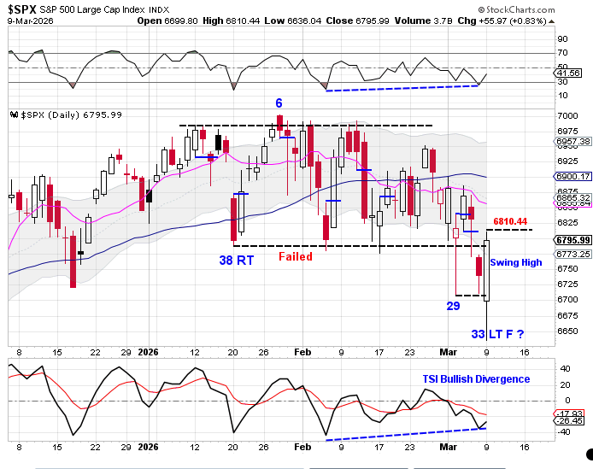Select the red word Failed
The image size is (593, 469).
coord(295,256)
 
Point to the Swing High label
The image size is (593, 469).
coord(515,262)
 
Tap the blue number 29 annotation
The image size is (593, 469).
coord(454,305)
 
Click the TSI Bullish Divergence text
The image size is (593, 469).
coord(476,379)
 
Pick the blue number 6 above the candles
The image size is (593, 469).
coord(279,103)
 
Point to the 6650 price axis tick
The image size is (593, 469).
coord(566,331)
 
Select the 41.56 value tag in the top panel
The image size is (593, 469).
coord(568,74)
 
